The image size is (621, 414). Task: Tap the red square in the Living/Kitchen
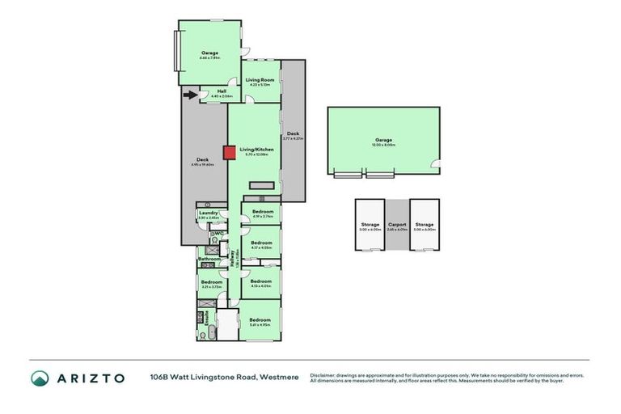230,151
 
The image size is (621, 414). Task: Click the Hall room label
222,91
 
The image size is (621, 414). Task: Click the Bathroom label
209,259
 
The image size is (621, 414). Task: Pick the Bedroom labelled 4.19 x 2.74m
262,212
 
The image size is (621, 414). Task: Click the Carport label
396,225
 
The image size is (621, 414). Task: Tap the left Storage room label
370,225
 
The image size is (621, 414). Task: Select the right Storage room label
424,225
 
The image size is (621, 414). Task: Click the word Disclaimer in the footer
325,375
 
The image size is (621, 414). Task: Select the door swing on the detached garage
434,167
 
